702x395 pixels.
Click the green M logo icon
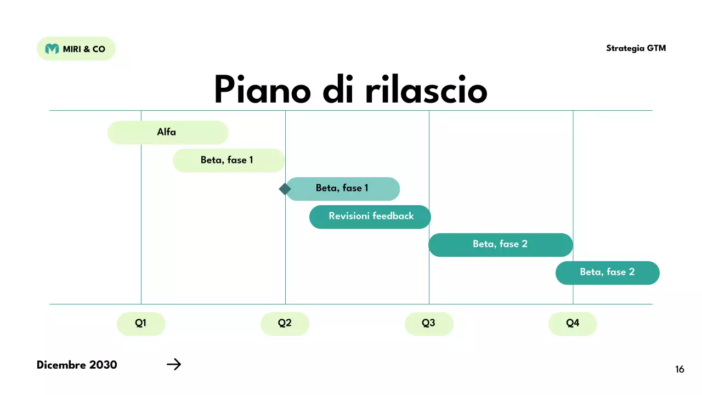52,49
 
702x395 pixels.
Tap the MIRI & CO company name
84,49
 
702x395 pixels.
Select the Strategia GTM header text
636,48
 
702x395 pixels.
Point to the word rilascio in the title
426,89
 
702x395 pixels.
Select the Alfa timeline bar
167,132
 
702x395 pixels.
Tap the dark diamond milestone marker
285,189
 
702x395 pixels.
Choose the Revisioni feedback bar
370,216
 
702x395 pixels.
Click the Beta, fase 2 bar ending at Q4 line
500,244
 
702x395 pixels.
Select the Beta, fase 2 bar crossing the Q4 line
607,272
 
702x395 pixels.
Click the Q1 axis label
141,323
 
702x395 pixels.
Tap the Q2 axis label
285,323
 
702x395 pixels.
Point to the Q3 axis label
429,323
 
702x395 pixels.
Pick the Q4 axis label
573,323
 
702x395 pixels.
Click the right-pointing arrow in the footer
173,364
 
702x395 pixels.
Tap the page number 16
680,370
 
